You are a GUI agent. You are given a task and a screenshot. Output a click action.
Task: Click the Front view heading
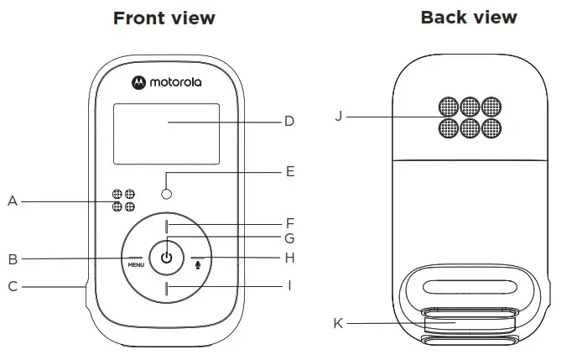click(x=164, y=18)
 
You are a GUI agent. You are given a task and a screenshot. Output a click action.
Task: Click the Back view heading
click(x=469, y=17)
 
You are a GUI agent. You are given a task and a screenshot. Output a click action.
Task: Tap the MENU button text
click(x=136, y=264)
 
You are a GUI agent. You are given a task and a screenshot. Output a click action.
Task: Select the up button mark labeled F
click(x=167, y=226)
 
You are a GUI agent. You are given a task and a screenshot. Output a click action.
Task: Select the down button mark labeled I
click(x=167, y=290)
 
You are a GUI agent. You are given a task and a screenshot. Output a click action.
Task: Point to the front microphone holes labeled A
click(x=123, y=201)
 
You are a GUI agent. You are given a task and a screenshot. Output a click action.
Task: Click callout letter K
click(x=338, y=323)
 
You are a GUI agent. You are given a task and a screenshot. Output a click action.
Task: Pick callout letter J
click(x=338, y=116)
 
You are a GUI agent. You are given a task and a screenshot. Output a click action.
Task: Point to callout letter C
click(x=13, y=286)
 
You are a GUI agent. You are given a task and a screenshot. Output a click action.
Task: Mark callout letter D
click(x=289, y=122)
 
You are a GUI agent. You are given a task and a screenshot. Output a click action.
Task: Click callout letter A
click(x=13, y=201)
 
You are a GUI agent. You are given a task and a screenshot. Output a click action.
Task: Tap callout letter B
click(x=13, y=258)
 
